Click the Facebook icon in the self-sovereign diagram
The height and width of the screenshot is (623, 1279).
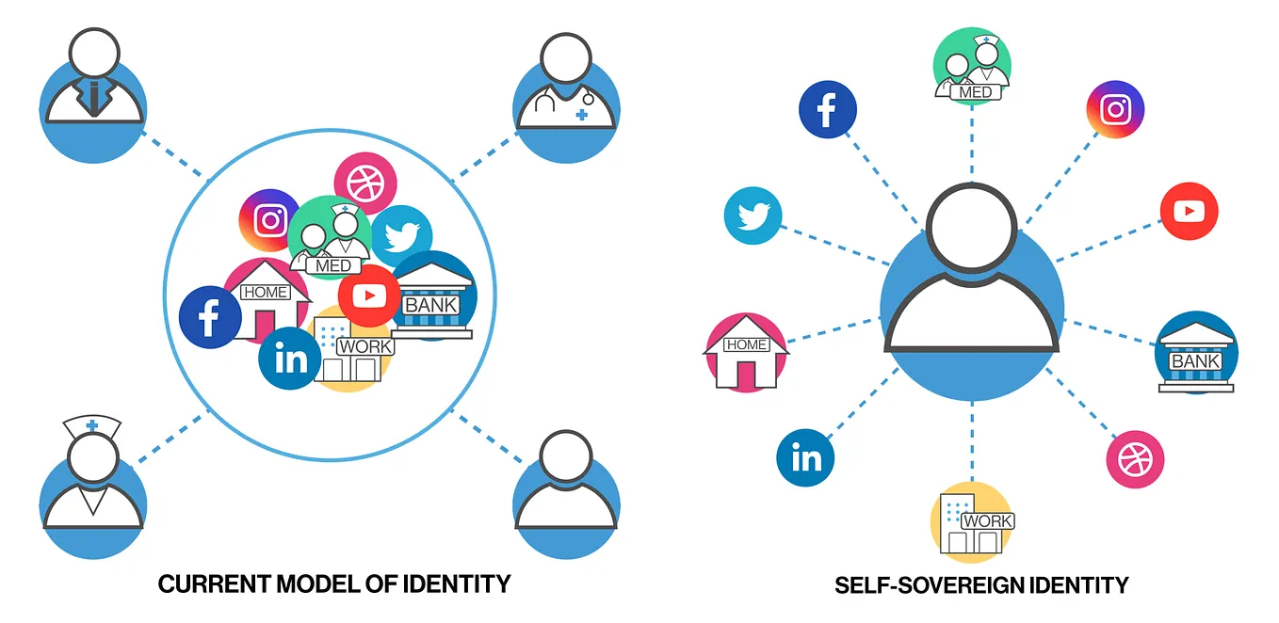point(827,109)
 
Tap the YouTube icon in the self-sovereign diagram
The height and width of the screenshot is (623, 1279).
point(1189,211)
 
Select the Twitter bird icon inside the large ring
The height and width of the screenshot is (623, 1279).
point(402,235)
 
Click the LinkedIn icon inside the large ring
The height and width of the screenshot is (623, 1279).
point(290,359)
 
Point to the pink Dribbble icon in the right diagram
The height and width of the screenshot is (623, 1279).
point(1135,459)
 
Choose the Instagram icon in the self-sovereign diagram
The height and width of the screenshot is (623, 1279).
point(1115,109)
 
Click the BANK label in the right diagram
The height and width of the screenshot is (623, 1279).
point(1195,361)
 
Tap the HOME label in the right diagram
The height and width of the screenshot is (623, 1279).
point(746,344)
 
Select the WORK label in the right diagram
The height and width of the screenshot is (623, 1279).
point(988,520)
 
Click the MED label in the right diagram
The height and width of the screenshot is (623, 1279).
point(975,92)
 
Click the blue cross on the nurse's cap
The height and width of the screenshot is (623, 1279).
point(92,425)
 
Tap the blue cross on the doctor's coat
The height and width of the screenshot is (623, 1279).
point(582,115)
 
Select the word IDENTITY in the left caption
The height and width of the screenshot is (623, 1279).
point(457,584)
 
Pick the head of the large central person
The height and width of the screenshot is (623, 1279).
point(971,228)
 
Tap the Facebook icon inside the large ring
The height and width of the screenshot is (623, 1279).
point(210,316)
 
